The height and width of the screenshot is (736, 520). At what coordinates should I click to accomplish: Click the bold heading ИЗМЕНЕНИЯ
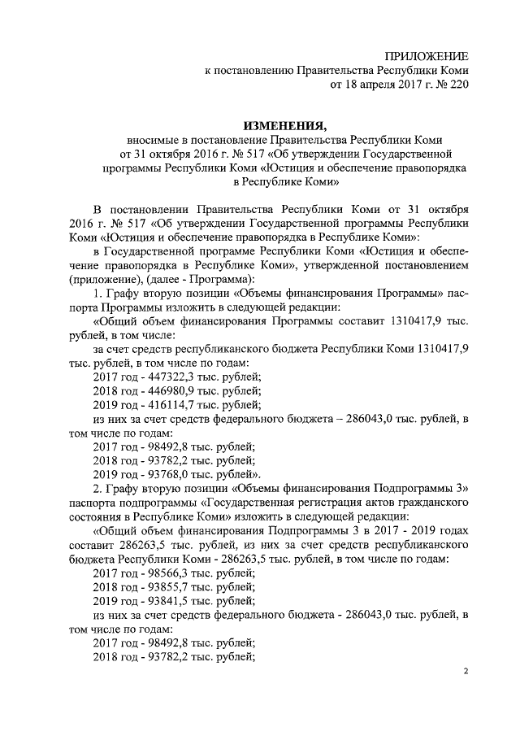tap(284, 125)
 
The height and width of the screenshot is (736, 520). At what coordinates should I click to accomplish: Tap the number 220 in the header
tap(458, 83)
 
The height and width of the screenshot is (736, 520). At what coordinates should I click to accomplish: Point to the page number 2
tap(466, 672)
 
